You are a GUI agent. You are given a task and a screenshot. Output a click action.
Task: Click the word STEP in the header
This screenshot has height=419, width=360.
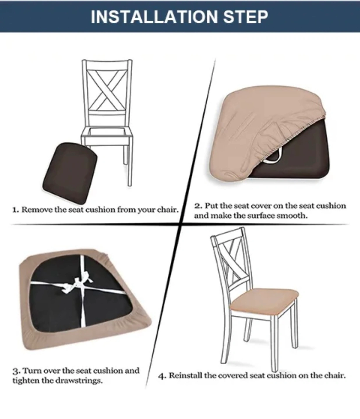[246, 17]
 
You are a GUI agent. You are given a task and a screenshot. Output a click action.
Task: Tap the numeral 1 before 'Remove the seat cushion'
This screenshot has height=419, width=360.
[15, 210]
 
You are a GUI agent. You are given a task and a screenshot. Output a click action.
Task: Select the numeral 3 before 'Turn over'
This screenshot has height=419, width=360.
[16, 371]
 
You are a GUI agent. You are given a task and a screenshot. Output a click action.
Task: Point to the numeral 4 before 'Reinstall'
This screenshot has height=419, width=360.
[162, 376]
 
